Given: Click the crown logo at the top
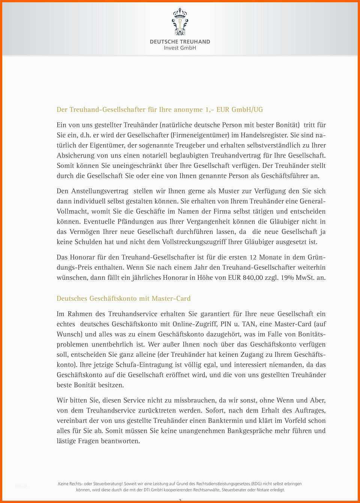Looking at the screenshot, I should point(180,22).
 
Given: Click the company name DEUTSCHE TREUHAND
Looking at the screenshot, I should point(180,42).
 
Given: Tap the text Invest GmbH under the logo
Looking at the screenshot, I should point(180,48).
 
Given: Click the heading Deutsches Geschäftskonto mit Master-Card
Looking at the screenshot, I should point(123,299).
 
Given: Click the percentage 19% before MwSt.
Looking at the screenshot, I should point(287,278).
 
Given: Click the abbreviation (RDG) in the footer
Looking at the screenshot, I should point(256,484).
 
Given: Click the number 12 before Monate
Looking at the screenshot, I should point(253,257).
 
